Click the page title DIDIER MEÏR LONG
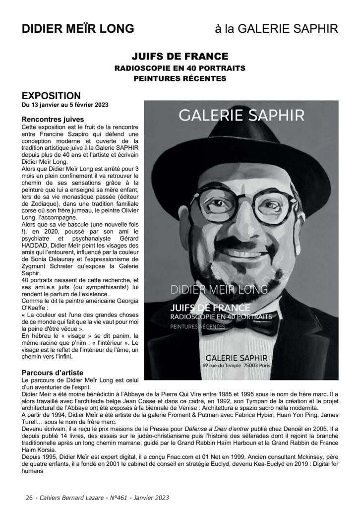(78, 29)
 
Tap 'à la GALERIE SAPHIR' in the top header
(276, 29)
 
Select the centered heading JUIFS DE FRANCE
(180, 56)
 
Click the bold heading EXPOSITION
(51, 95)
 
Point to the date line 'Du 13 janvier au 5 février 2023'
(65, 105)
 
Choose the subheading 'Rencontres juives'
(53, 119)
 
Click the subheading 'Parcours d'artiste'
(53, 372)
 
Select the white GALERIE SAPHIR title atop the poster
(241, 115)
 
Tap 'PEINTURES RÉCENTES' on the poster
(197, 327)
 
